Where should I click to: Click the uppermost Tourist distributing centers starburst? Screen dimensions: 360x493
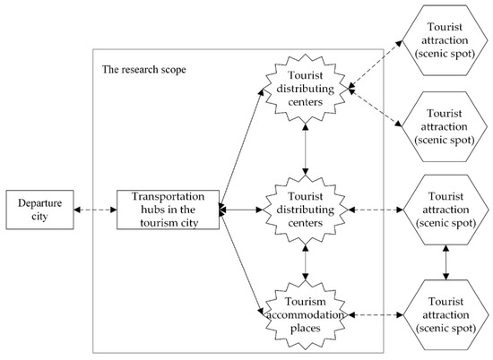307,86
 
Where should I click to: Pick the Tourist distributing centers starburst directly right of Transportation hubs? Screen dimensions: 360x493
307,210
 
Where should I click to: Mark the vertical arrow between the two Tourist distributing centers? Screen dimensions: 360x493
307,148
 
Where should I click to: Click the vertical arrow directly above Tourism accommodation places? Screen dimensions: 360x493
307,261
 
